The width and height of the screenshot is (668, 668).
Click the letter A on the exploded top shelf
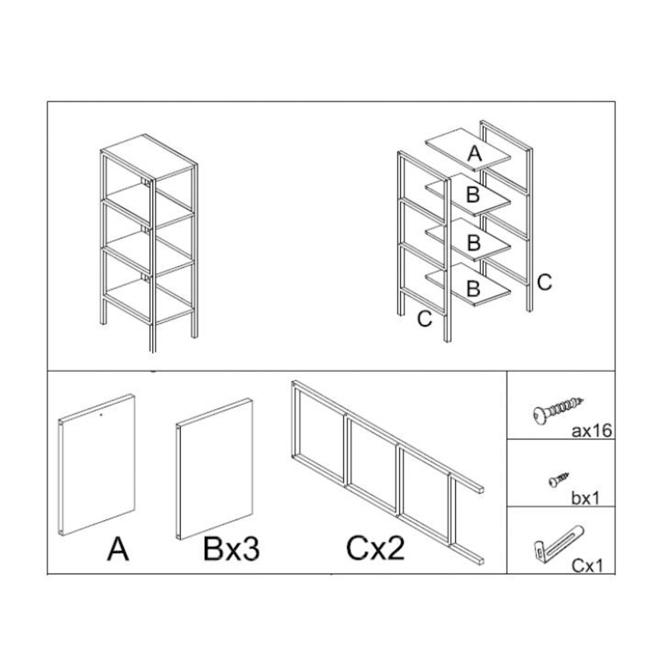click(x=475, y=154)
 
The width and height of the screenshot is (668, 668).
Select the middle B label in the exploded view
click(x=474, y=243)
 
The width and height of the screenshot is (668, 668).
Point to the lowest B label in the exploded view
click(x=473, y=288)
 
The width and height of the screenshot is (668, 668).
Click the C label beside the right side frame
click(x=544, y=283)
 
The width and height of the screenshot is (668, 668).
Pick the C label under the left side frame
click(x=425, y=318)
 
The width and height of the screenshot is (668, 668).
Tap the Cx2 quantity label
click(x=375, y=549)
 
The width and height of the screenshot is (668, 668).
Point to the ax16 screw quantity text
click(x=592, y=431)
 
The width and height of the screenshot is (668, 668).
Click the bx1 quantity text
click(x=586, y=498)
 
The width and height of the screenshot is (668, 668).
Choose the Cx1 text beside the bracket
click(x=587, y=566)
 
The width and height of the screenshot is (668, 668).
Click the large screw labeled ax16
click(x=558, y=411)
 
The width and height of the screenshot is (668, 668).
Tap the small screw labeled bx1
click(x=558, y=480)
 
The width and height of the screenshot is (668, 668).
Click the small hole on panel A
click(x=101, y=414)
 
